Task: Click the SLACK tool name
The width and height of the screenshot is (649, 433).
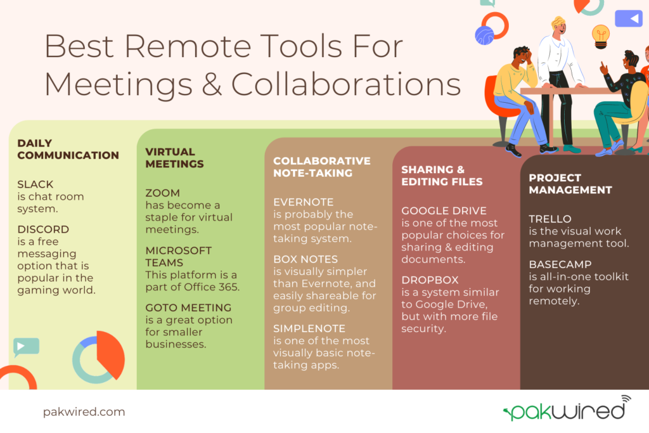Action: point(35,184)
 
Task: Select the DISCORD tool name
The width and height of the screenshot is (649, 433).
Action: point(43,229)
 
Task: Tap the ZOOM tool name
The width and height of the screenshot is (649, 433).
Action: point(163,193)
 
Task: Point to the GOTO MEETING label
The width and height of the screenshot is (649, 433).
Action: point(179,308)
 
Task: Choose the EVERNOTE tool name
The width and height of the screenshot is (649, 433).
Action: point(303,202)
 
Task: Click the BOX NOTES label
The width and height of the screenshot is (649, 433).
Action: point(305,259)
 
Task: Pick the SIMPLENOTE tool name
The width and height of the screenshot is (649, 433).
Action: point(309,328)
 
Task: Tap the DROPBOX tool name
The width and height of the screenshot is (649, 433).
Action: point(430,280)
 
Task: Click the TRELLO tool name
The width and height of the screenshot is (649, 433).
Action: point(549,219)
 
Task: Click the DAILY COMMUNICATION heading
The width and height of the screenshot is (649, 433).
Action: point(68,149)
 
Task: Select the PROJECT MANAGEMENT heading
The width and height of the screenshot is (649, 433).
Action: point(570,184)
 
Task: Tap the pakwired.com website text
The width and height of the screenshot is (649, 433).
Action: point(84,412)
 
